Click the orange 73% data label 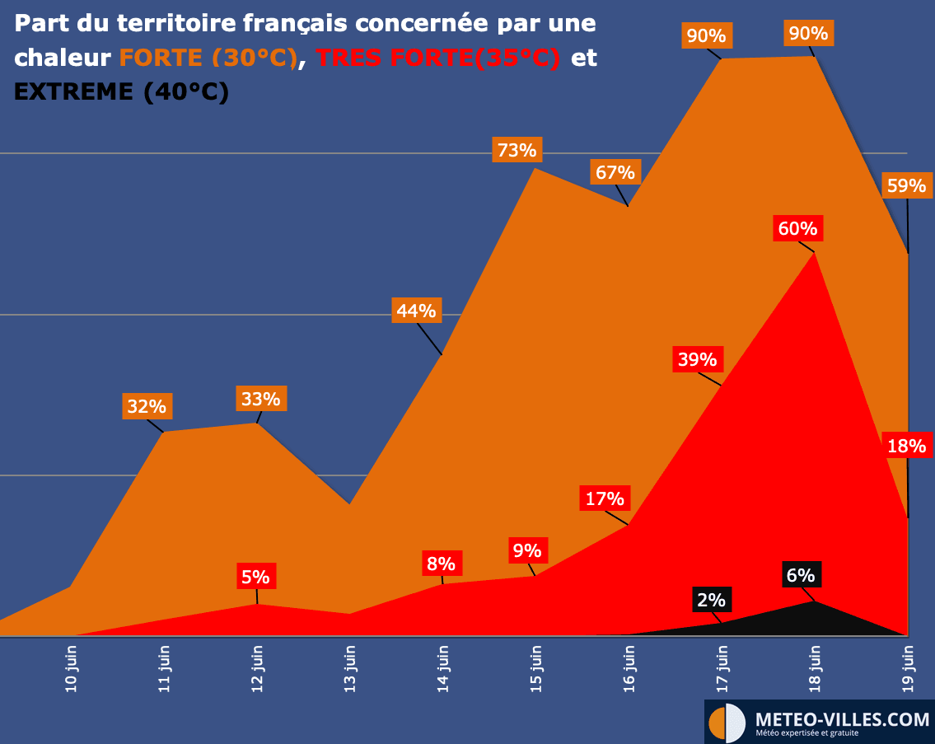point(517,150)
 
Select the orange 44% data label point(416,311)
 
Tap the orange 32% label point(147,406)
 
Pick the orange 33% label point(260,400)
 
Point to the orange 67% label point(615,173)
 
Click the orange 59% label point(906,186)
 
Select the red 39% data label point(697,359)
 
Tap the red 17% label point(605,498)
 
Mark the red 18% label point(906,447)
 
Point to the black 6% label point(800,575)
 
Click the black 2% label point(711,600)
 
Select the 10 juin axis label point(72,671)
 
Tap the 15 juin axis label point(535,671)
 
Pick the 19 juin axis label point(909,671)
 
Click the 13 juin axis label point(350,671)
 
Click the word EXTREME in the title point(73,91)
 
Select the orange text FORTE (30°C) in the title point(208,58)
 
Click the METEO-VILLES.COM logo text point(842,719)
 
